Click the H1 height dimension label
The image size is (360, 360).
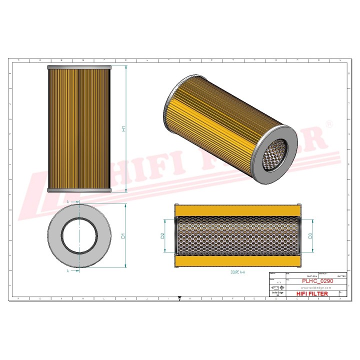click(123, 128)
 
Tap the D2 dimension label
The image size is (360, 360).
click(163, 235)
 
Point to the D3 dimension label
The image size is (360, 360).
click(310, 235)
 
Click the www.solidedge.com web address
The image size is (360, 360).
click(315, 288)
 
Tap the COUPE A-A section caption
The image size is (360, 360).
click(237, 272)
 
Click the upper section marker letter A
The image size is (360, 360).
click(67, 201)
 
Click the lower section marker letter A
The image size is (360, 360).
click(67, 270)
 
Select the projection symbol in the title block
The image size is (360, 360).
click(277, 288)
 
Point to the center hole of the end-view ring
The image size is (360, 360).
click(79, 236)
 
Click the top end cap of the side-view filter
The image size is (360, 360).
click(79, 67)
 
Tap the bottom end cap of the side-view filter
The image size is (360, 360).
click(79, 190)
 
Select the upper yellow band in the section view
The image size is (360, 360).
click(237, 210)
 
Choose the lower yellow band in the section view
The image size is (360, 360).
click(237, 261)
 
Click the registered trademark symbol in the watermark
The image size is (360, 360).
click(328, 123)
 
